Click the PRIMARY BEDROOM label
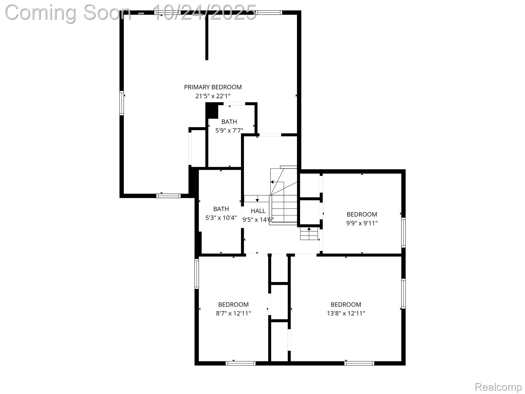click(213, 87)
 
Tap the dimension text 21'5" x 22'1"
click(213, 96)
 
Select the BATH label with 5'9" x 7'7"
click(229, 122)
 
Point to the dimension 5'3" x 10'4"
click(221, 218)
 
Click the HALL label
click(258, 211)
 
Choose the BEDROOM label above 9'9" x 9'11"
click(362, 214)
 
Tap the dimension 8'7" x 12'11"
click(233, 313)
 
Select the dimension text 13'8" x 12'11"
click(346, 313)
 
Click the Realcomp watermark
click(498, 387)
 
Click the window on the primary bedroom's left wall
click(122, 103)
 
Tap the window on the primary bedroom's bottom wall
click(168, 196)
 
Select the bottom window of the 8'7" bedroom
click(240, 363)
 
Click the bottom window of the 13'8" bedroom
click(359, 363)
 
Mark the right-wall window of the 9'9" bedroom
click(403, 232)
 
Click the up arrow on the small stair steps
click(309, 229)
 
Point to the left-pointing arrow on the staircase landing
click(272, 182)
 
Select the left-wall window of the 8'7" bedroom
click(197, 274)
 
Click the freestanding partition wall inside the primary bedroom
click(207, 36)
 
